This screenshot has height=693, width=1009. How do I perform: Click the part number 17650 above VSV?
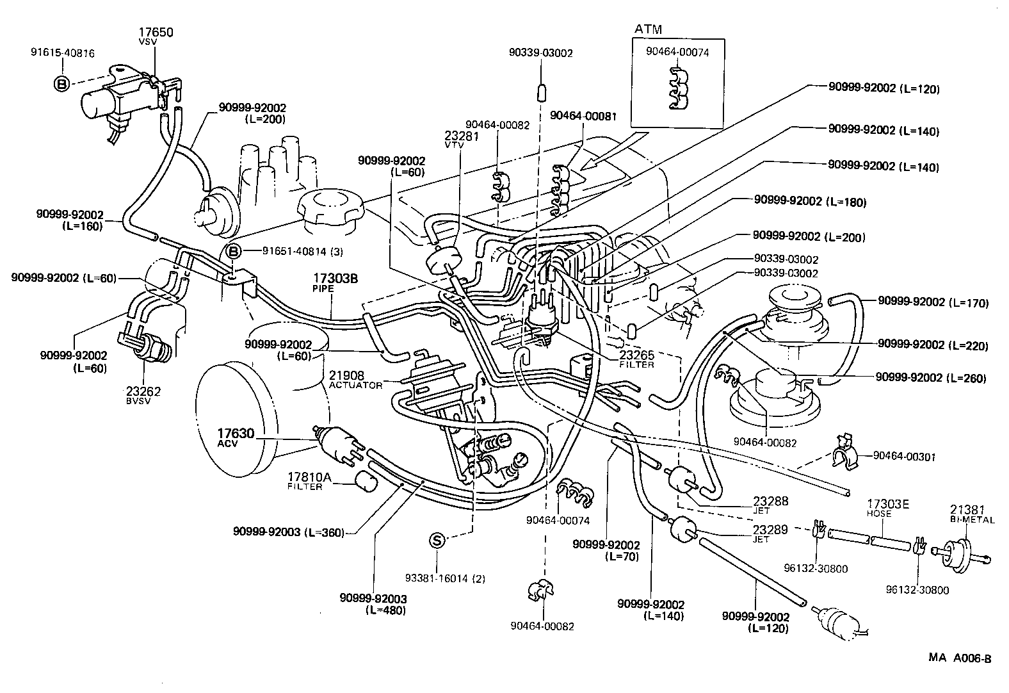pyautogui.click(x=156, y=32)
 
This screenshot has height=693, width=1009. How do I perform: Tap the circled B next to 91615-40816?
pyautogui.click(x=61, y=83)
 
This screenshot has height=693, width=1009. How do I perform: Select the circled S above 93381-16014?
pyautogui.click(x=437, y=541)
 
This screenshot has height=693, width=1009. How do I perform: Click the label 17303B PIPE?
pyautogui.click(x=335, y=283)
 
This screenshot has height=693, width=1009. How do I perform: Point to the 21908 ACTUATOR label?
pyautogui.click(x=355, y=380)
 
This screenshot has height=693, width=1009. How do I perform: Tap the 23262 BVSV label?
pyautogui.click(x=143, y=395)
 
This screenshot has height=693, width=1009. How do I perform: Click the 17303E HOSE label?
pyautogui.click(x=887, y=508)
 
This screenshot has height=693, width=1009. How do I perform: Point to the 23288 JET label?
pyautogui.click(x=770, y=505)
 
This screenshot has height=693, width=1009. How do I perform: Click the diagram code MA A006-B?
pyautogui.click(x=960, y=658)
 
